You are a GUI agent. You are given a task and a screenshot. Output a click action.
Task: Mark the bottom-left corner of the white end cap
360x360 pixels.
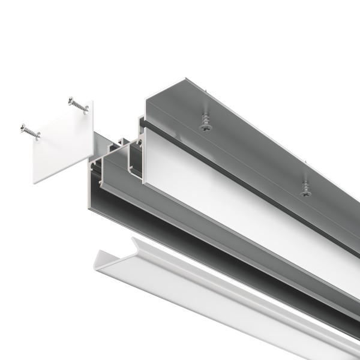pyautogui.click(x=34, y=182)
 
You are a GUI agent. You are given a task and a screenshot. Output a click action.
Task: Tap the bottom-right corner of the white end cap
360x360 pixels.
pyautogui.click(x=91, y=160)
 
